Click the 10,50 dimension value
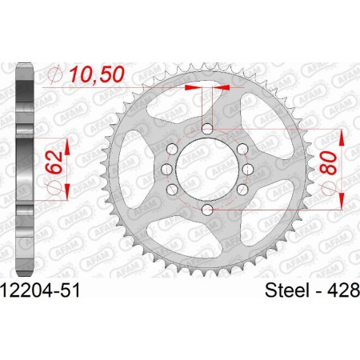tap(102, 74)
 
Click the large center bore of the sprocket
tap(207, 169)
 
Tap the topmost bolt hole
tap(207, 130)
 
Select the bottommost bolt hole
tap(207, 209)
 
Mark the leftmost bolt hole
tap(165, 169)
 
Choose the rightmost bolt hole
tap(249, 169)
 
